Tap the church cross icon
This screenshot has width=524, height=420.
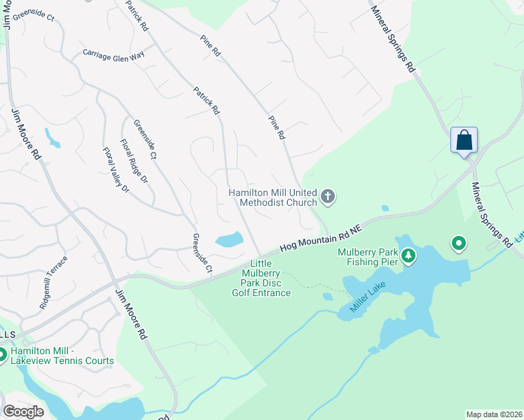tap(328, 197)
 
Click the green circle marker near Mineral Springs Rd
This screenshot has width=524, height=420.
tap(458, 244)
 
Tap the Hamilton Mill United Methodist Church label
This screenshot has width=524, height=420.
tap(273, 197)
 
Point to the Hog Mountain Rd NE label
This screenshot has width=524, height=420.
tap(320, 238)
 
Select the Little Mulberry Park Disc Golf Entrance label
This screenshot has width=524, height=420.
tap(261, 278)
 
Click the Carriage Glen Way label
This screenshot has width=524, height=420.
tap(113, 53)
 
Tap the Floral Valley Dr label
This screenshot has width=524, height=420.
tap(116, 169)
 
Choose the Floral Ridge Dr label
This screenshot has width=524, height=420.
tap(134, 162)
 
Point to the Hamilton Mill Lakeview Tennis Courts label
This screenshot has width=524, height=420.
tap(62, 356)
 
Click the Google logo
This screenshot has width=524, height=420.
tap(23, 412)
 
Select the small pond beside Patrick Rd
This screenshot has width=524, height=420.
tap(228, 240)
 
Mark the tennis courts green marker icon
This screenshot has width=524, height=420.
tap(1, 355)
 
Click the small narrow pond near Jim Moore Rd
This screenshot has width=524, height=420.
tap(53, 137)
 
